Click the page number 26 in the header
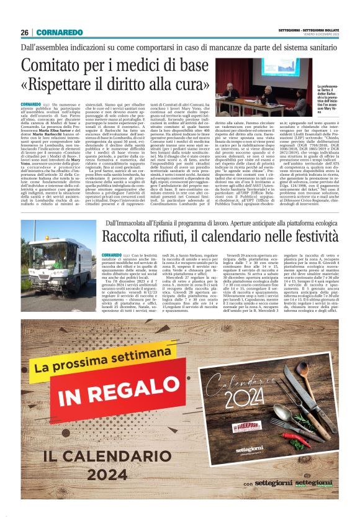click(x=25, y=32)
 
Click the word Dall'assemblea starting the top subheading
click(x=50, y=47)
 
